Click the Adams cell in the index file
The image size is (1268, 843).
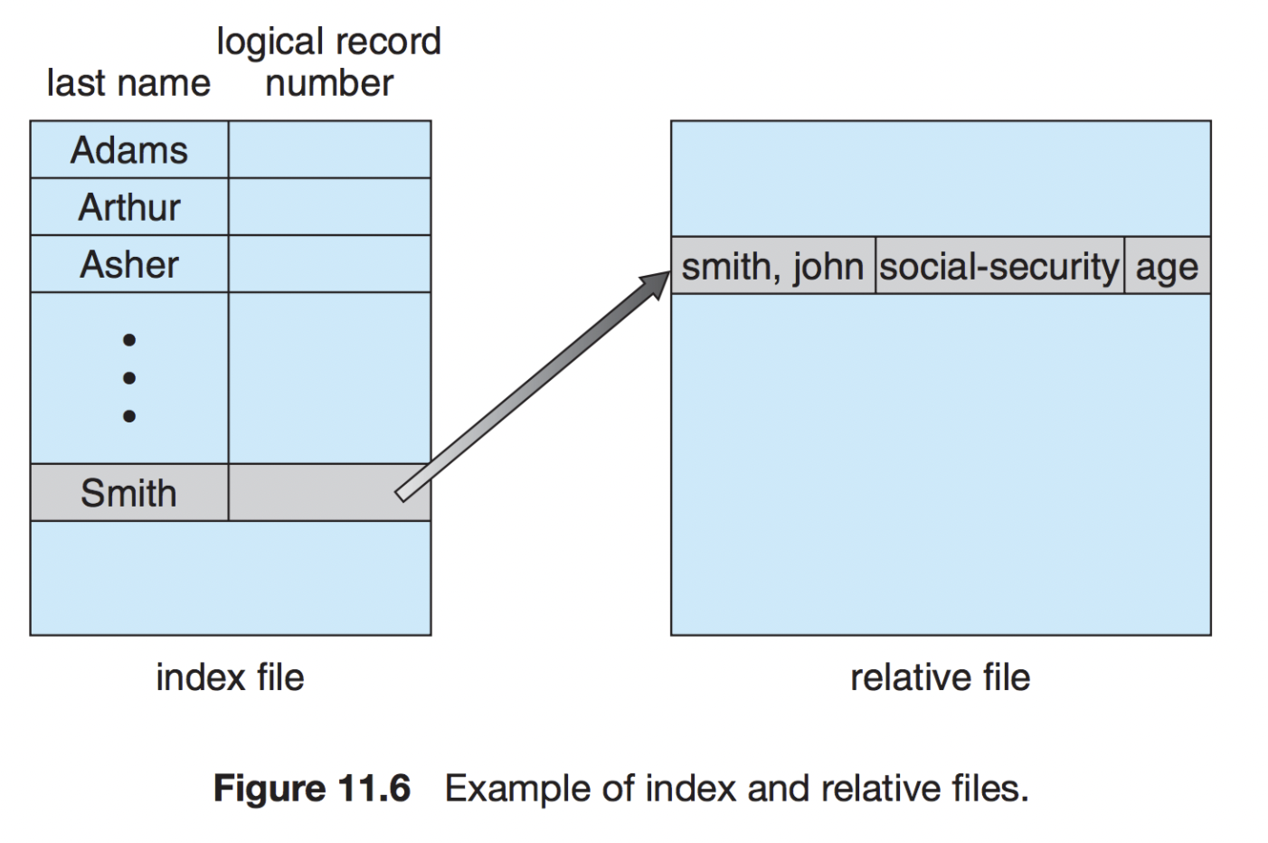pos(129,150)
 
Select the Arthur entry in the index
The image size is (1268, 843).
pos(129,207)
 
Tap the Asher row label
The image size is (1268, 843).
pos(129,264)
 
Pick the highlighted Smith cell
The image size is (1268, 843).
pos(128,493)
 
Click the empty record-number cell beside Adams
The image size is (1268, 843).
pos(329,150)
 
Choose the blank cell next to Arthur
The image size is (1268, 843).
pos(329,207)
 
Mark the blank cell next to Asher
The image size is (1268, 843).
pos(329,264)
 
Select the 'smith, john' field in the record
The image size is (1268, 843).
pos(772,267)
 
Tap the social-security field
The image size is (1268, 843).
pos(999,267)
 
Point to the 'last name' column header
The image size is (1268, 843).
pos(128,83)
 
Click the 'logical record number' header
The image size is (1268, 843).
pos(329,62)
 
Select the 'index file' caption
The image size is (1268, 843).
pos(230,677)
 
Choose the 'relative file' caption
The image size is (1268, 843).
pos(940,677)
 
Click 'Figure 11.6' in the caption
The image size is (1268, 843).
pos(312,789)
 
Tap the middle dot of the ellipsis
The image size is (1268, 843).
pos(129,378)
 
